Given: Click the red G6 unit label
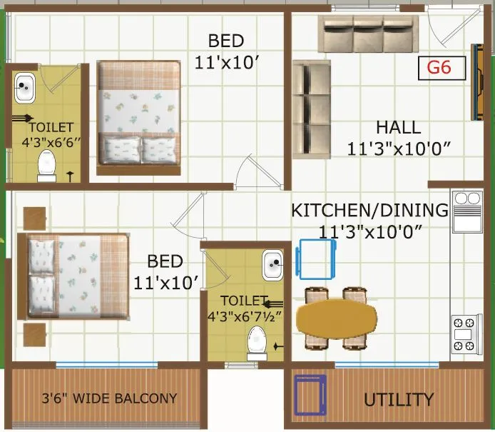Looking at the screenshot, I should click(442, 69).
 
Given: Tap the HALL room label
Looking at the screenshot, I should click(398, 129).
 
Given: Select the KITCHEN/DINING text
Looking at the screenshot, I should click(369, 211).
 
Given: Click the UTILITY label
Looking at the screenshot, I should click(398, 399).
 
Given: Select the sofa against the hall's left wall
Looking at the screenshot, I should click(311, 109).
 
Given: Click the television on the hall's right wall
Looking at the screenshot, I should click(474, 82).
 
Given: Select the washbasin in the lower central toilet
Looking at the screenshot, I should click(272, 265).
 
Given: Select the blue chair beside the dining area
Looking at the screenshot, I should click(315, 258).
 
